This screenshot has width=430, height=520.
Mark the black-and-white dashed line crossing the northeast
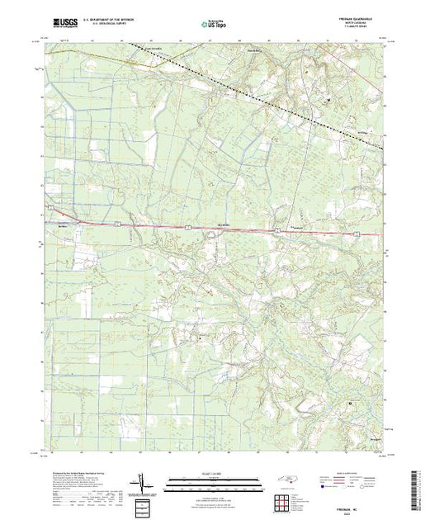tap(272, 100)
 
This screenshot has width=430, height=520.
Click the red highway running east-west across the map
tap(165, 224)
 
